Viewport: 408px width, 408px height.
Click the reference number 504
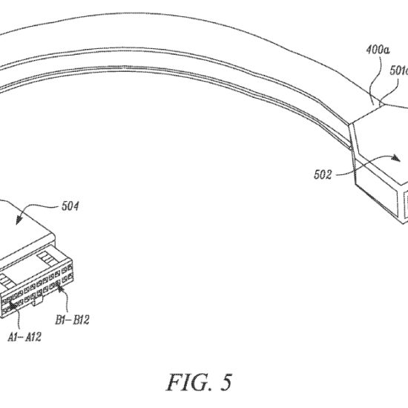coord(70,206)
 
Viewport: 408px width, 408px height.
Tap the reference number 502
coord(323,174)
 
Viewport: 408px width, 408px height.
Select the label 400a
coord(378,50)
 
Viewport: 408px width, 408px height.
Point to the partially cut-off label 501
coord(399,70)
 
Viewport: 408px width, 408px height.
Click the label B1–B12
coord(72,320)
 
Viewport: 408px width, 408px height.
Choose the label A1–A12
coord(24,337)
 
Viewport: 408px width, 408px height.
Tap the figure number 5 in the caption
coord(226,383)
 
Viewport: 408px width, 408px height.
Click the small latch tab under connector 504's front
coord(36,301)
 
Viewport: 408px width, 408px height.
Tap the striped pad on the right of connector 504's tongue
coord(47,258)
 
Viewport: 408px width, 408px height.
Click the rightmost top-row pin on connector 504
coord(70,268)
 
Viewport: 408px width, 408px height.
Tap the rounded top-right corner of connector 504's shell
coord(51,234)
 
